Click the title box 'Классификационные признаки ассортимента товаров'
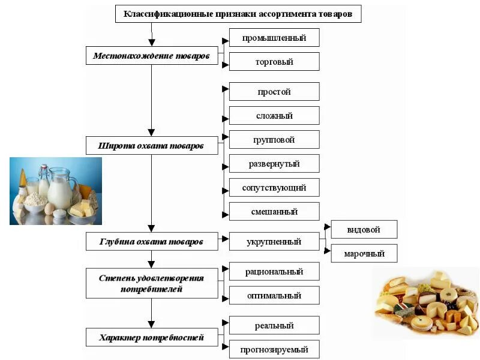click(238, 14)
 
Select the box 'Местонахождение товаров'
click(151, 56)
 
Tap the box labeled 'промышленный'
click(274, 38)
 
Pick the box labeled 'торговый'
click(274, 62)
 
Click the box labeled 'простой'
click(274, 92)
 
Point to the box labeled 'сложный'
click(274, 116)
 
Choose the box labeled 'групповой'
click(274, 140)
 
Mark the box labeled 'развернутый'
click(274, 163)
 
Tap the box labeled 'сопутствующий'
click(274, 187)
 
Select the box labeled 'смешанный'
click(274, 211)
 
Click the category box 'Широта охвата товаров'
click(151, 146)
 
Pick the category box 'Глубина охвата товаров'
click(151, 242)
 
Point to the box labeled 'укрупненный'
click(274, 242)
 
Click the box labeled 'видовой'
click(364, 229)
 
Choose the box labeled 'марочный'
click(364, 253)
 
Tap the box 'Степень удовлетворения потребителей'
click(151, 283)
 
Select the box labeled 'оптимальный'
click(274, 295)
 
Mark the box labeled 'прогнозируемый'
click(274, 349)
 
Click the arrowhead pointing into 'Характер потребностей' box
click(151, 325)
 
